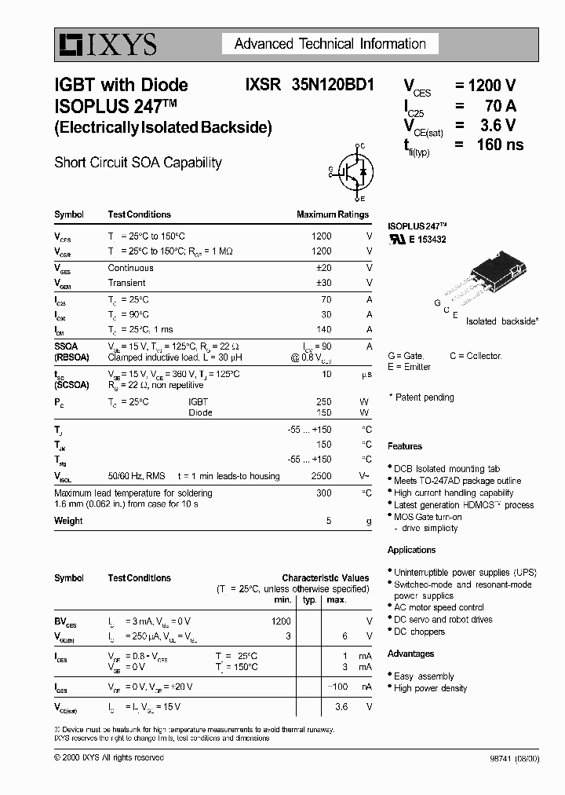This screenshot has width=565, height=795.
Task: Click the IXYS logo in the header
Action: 106,46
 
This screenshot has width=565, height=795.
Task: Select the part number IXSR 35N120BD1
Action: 310,85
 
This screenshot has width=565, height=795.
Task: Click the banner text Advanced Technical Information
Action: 330,44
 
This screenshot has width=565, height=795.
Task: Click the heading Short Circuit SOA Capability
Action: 138,163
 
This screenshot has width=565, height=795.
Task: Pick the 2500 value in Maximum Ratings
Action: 321,476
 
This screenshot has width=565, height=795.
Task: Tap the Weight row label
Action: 68,521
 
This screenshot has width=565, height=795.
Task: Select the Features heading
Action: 405,446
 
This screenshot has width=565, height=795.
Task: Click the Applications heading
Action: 411,550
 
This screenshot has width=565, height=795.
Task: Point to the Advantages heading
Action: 410,654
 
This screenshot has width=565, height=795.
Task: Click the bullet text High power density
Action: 430,688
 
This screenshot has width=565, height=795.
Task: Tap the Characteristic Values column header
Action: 325,578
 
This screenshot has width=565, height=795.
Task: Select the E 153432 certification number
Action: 427,240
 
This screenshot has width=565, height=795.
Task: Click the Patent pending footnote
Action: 424,397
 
